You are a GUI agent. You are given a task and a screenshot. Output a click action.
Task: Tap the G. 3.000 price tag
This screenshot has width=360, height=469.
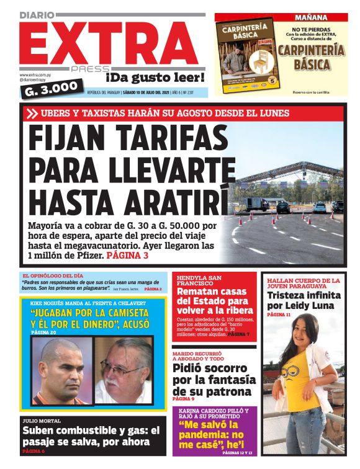tap(51, 89)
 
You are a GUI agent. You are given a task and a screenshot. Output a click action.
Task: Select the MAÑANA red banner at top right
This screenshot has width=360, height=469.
tap(281, 17)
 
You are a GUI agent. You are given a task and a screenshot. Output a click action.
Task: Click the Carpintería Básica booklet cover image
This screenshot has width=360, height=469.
tap(247, 55)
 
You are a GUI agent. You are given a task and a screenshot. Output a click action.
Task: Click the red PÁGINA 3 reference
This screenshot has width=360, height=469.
tap(127, 255)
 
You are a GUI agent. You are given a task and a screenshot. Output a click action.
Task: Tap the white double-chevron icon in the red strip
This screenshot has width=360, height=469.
tap(32, 113)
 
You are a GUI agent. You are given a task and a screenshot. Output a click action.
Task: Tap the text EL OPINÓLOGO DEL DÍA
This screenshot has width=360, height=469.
tap(53, 275)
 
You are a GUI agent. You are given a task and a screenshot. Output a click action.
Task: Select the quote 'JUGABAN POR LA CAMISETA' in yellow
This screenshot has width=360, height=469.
tap(91, 313)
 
